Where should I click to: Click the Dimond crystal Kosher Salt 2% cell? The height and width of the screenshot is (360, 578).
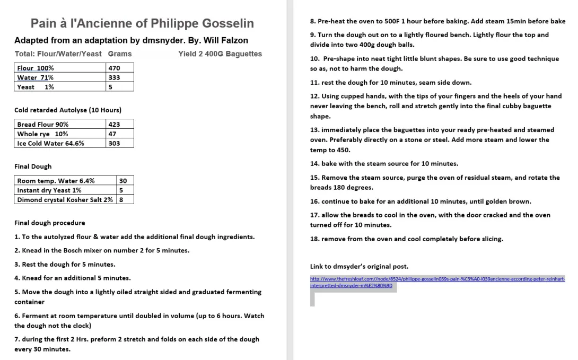click(x=65, y=199)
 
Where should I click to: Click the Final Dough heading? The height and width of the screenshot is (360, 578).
click(x=33, y=166)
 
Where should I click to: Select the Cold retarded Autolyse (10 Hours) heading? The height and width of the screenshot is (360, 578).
click(x=68, y=110)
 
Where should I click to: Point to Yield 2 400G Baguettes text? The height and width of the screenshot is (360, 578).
click(x=220, y=54)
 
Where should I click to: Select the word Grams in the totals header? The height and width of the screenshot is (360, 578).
click(x=120, y=54)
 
